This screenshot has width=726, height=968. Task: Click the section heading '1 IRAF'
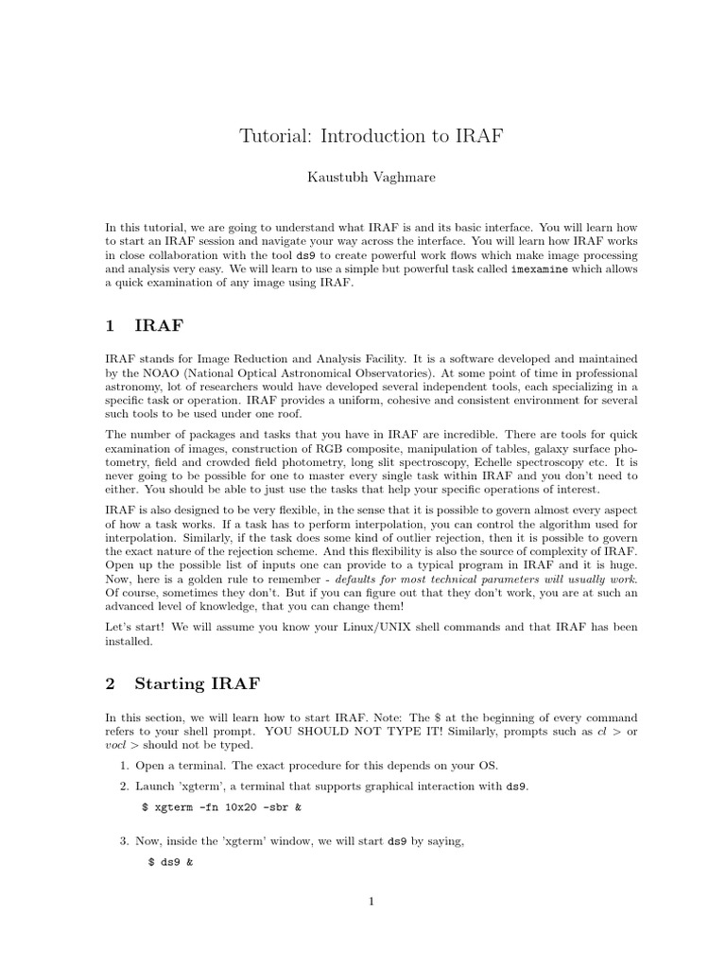[x=144, y=326]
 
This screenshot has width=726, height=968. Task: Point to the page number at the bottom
[x=372, y=901]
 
